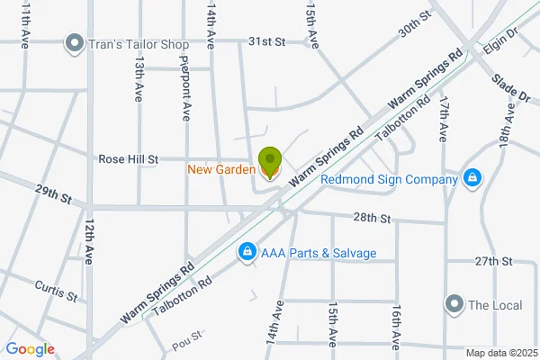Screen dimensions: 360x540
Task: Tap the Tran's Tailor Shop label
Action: point(139,42)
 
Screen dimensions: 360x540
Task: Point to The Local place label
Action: point(495,305)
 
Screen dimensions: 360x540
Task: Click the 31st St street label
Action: point(266,41)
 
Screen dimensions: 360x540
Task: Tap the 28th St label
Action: point(372,218)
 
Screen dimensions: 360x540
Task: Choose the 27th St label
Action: point(493,261)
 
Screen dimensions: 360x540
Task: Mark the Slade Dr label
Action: point(509,88)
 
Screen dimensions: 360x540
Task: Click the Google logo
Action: point(31,349)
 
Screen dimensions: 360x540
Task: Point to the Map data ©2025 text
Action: point(500,353)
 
